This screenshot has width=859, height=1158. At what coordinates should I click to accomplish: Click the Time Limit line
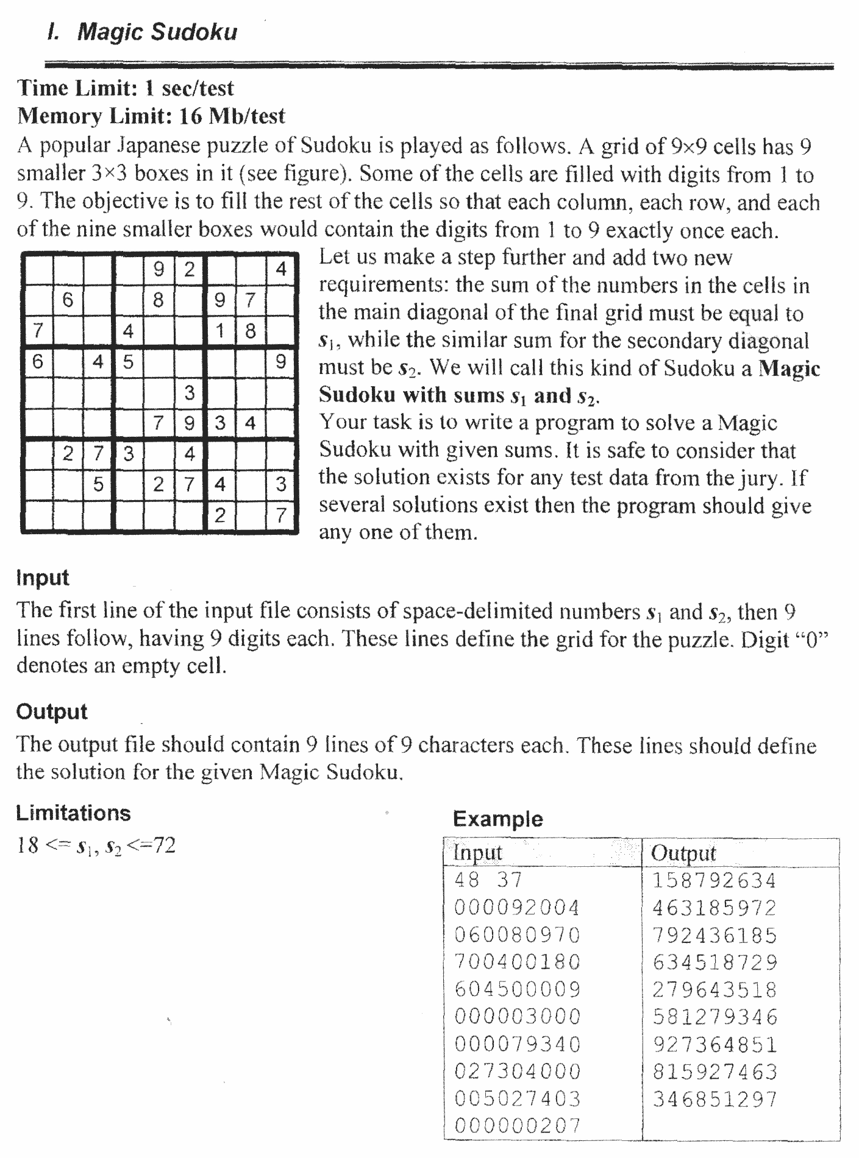(126, 88)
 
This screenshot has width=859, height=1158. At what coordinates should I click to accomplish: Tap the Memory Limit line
(151, 116)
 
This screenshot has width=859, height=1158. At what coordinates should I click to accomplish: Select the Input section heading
(43, 577)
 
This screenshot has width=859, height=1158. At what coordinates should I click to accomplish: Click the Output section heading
(52, 711)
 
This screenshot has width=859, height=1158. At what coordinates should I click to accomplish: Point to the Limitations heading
(73, 813)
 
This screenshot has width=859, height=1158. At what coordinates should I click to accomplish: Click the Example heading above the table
(497, 819)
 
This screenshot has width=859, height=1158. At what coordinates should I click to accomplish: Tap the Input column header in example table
(478, 853)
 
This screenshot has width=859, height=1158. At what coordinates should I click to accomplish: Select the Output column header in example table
(683, 853)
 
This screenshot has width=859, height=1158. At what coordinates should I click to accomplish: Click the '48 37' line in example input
(488, 880)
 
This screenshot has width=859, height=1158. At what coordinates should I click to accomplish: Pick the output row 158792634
(715, 880)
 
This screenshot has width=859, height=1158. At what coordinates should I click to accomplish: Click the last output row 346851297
(715, 1100)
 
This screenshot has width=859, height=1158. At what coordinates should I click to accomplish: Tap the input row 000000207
(517, 1126)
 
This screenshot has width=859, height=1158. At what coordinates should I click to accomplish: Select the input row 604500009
(517, 989)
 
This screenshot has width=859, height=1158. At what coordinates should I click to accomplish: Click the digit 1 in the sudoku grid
(220, 331)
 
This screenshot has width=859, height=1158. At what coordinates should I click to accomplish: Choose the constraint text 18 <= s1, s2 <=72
(96, 846)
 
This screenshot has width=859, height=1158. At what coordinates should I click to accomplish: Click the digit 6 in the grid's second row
(68, 300)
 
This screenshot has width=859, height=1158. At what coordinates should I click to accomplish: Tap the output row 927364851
(715, 1045)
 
